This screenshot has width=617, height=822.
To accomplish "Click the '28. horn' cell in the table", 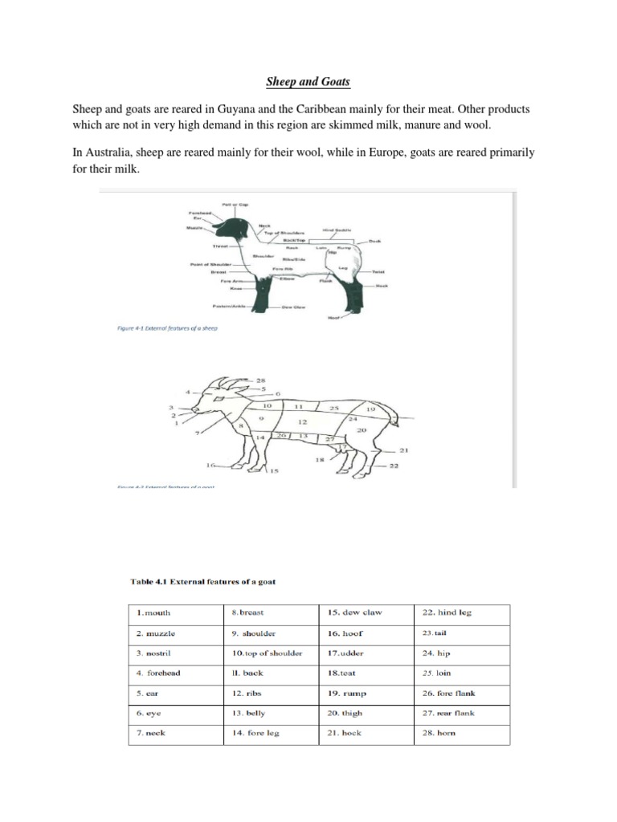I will pyautogui.click(x=439, y=733).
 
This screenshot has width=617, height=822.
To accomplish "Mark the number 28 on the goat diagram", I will pyautogui.click(x=261, y=379).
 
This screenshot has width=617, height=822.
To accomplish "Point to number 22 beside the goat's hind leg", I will pyautogui.click(x=394, y=466).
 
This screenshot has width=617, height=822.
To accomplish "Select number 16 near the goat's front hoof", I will pyautogui.click(x=212, y=465).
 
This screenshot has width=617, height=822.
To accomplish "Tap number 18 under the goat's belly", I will pyautogui.click(x=319, y=460).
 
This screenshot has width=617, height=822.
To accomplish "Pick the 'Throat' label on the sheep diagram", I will pyautogui.click(x=221, y=246).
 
